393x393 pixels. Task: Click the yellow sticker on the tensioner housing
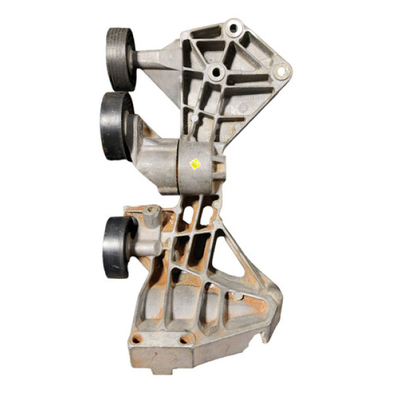pyautogui.click(x=195, y=164)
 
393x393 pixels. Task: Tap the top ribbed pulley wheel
pyautogui.click(x=121, y=58)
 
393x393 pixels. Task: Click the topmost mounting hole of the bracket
pyautogui.click(x=233, y=28)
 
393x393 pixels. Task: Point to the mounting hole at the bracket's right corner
pyautogui.click(x=282, y=71)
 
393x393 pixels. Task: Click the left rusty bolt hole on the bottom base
pyautogui.click(x=136, y=339)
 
